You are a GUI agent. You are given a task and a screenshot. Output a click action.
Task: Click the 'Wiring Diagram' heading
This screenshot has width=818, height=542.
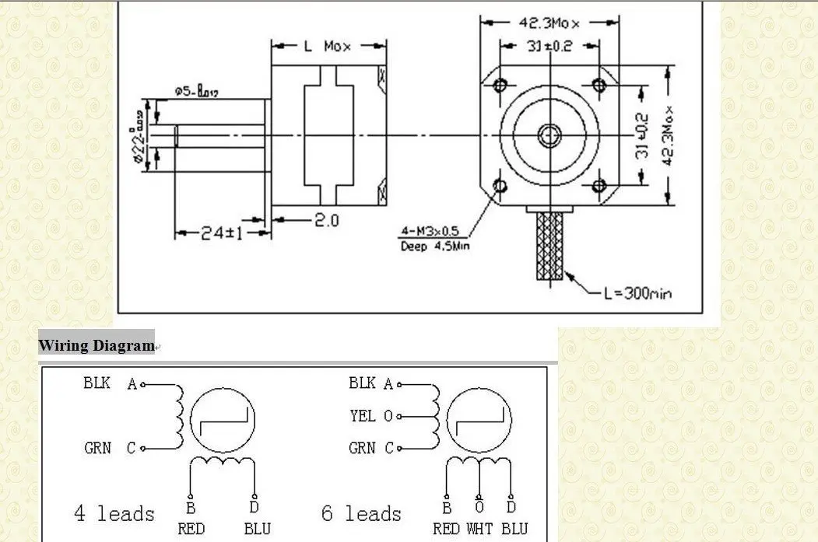(97, 345)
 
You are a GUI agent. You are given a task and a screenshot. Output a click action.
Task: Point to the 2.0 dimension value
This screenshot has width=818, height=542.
(327, 221)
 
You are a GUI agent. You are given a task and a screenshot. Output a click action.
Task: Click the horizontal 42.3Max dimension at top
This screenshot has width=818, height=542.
(549, 23)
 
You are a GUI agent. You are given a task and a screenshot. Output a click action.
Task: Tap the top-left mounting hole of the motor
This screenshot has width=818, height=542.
(500, 83)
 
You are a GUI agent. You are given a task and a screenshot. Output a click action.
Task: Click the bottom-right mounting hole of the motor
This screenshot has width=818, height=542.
(599, 185)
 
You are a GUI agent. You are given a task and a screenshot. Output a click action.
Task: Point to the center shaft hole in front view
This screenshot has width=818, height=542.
(549, 135)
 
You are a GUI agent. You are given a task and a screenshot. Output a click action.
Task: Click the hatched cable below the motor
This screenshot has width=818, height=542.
(550, 248)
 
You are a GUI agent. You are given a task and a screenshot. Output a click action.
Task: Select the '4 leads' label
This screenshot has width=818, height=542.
(114, 514)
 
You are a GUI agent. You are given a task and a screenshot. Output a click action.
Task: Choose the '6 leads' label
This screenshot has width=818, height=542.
(361, 514)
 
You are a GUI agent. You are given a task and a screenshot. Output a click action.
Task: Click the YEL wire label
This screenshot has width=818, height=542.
(362, 416)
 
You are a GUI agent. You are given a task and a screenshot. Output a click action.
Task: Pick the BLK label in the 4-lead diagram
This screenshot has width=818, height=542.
(97, 383)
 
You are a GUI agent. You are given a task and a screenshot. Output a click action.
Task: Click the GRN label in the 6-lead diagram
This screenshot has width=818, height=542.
(362, 448)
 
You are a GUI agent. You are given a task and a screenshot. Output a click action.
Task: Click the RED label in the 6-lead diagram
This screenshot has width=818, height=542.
(447, 529)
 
